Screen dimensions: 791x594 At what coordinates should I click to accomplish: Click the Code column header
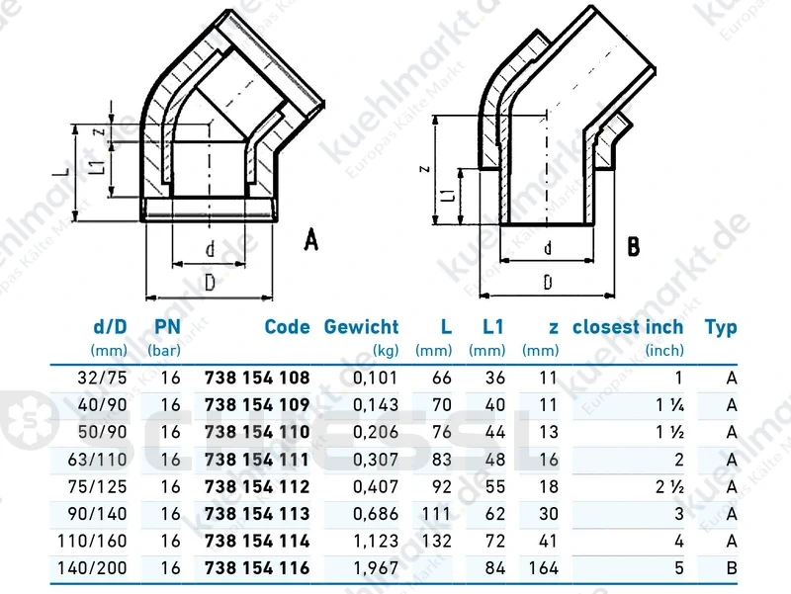(287, 327)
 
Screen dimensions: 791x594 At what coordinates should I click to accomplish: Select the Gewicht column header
(361, 327)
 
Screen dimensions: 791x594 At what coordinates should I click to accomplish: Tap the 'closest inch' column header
(628, 327)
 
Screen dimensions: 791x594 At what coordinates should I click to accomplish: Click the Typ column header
(721, 328)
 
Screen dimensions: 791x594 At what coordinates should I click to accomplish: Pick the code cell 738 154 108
(257, 378)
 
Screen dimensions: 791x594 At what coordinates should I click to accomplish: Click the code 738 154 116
(257, 568)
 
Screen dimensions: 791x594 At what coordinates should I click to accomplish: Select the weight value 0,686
(376, 514)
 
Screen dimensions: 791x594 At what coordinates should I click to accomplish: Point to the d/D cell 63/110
(97, 460)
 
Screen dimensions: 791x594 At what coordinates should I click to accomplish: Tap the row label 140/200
(92, 568)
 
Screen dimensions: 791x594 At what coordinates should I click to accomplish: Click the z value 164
(543, 568)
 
